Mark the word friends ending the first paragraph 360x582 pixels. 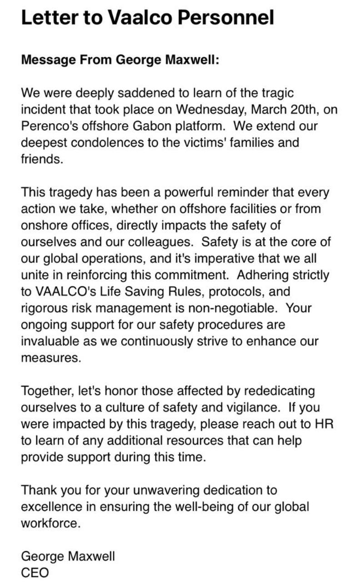pyautogui.click(x=41, y=159)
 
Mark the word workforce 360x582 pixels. pyautogui.click(x=50, y=523)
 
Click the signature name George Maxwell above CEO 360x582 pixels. pyautogui.click(x=68, y=556)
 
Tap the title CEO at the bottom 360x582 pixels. pyautogui.click(x=35, y=572)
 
